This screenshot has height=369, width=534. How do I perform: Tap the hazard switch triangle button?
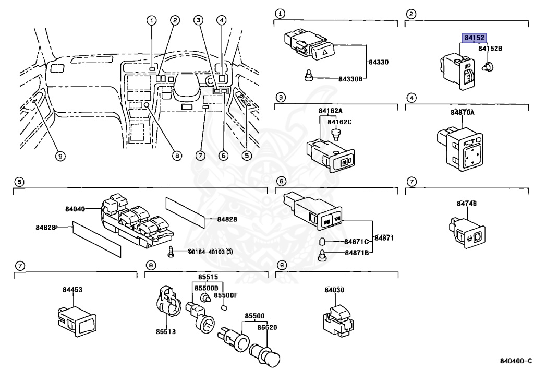point(323,52)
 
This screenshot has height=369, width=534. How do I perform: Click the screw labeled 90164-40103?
point(172,253)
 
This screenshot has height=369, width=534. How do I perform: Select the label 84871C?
point(356,242)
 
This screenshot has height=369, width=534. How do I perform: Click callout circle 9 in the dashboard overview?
point(60,156)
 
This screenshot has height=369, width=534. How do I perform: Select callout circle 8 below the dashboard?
point(176,156)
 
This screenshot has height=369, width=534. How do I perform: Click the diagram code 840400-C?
point(515,361)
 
